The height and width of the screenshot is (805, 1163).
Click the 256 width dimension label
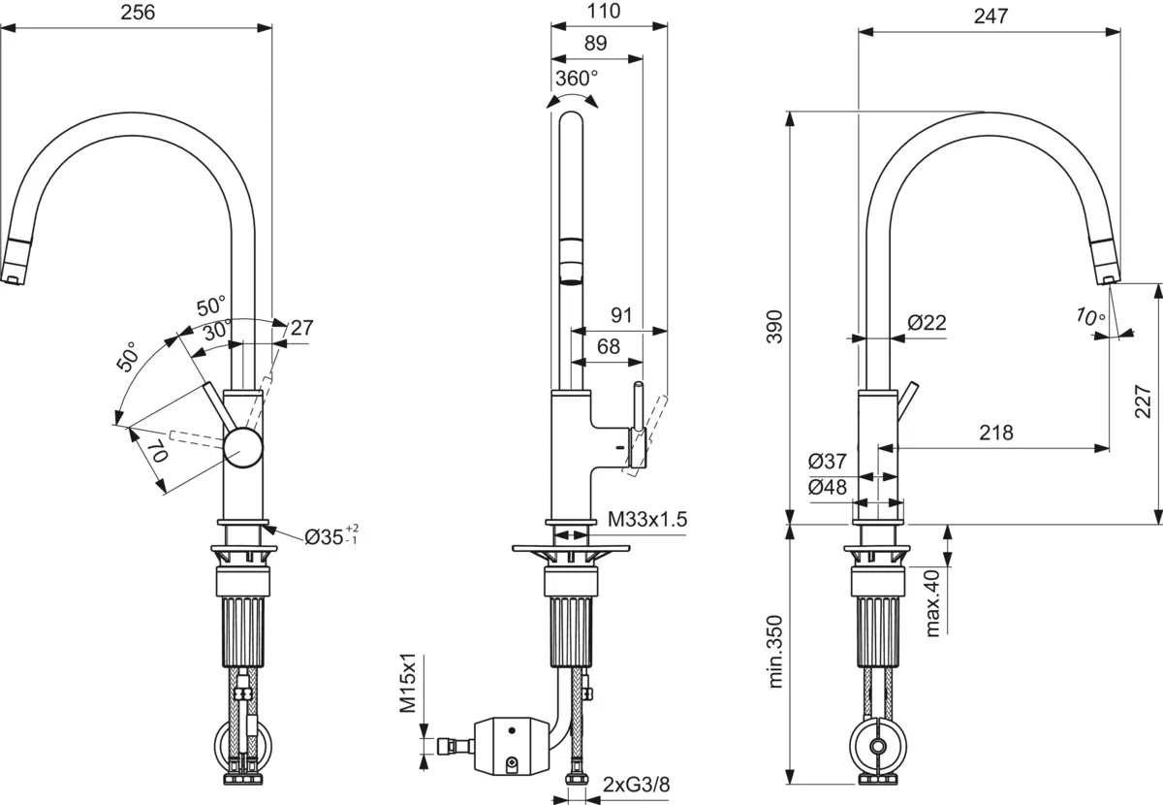(138, 13)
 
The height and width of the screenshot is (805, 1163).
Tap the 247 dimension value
(990, 16)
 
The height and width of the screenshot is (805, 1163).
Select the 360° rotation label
(577, 79)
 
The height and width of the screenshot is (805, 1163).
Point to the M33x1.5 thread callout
(647, 519)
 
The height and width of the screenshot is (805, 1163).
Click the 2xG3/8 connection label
(637, 785)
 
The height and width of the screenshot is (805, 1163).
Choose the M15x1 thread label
(408, 683)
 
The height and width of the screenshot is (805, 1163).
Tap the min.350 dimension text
(774, 652)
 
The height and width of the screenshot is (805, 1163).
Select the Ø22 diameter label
(927, 323)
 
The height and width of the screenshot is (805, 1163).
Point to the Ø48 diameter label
(828, 487)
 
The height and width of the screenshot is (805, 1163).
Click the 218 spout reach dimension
(996, 433)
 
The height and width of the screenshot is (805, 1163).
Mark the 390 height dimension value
(774, 327)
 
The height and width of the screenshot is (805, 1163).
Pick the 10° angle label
(1089, 316)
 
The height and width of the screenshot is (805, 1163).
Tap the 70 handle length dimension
(160, 451)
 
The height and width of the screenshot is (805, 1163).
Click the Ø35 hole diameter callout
(331, 535)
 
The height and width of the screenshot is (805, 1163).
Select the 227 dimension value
(1143, 402)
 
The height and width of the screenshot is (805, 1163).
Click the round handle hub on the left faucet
(243, 447)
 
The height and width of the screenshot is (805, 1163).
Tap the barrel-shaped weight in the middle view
(512, 747)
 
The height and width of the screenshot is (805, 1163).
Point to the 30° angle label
(217, 331)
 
